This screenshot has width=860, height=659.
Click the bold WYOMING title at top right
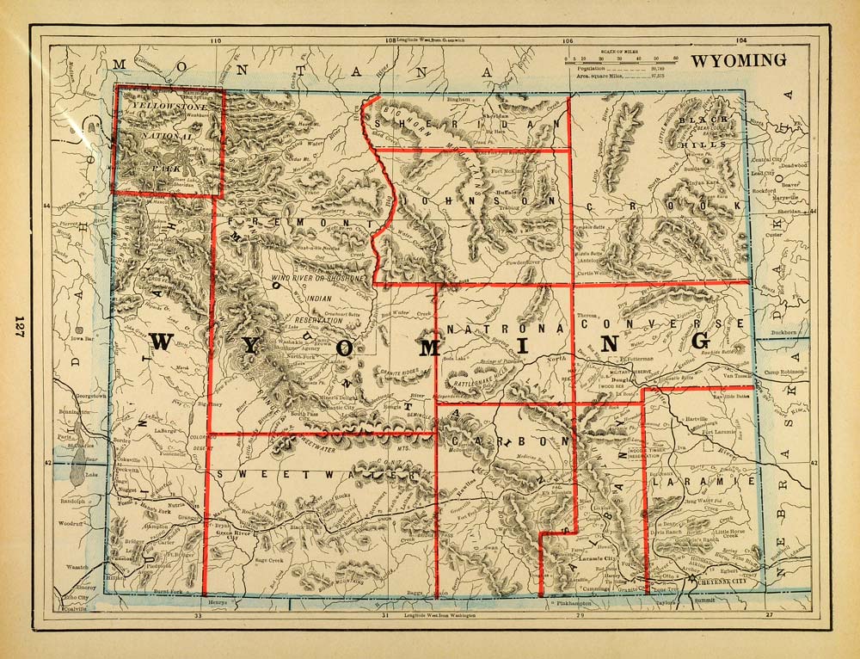click(x=739, y=60)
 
